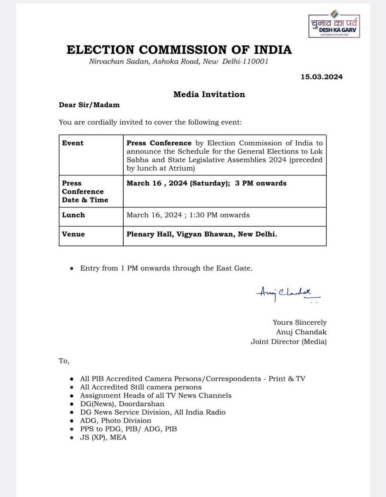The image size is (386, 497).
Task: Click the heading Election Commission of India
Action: click(179, 50)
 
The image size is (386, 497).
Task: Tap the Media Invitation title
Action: click(209, 94)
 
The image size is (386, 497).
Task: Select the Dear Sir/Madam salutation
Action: click(89, 105)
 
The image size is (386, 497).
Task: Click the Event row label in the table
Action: click(73, 143)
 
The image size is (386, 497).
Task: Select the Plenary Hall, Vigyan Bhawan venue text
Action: click(201, 234)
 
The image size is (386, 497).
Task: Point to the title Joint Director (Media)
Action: click(288, 342)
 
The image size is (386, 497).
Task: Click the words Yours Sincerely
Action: click(300, 322)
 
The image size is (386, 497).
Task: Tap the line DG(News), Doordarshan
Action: click(122, 404)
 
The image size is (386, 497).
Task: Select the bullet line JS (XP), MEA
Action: click(103, 437)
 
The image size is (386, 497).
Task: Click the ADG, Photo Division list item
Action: click(116, 420)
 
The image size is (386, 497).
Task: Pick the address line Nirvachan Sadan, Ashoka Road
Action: click(179, 62)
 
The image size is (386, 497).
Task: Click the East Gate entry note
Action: click(166, 268)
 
